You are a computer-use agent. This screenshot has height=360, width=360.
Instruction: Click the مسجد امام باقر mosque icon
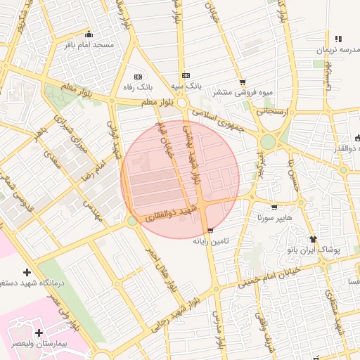pyautogui.click(x=88, y=34)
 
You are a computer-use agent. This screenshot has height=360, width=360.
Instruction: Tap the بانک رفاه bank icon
pyautogui.click(x=138, y=76)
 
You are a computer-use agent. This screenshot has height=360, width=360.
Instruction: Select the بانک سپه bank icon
pyautogui.click(x=186, y=76)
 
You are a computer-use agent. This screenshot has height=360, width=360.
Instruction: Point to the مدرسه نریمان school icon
pyautogui.click(x=338, y=39)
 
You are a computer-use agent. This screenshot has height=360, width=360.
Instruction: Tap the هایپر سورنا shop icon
pyautogui.click(x=274, y=207)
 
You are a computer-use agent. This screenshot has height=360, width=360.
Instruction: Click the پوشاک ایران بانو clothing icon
pyautogui.click(x=314, y=239)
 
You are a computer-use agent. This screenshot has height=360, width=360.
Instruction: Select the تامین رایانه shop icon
pyautogui.click(x=210, y=231)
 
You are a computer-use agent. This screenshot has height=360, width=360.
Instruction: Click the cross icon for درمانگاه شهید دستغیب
pyautogui.click(x=27, y=272)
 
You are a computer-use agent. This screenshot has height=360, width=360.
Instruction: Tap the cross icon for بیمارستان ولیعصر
pyautogui.click(x=38, y=332)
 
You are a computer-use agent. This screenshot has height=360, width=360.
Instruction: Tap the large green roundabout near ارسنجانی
pyautogui.click(x=268, y=142)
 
